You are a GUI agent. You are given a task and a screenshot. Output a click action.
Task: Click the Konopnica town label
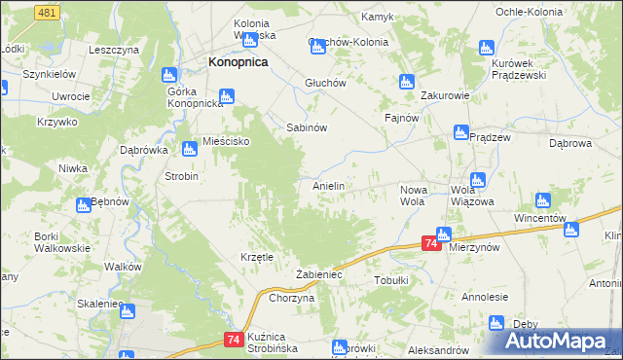(238, 61)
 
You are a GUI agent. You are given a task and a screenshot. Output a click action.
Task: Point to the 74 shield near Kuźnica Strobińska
(231, 339)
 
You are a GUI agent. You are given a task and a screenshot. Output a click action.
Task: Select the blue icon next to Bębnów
(85, 205)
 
